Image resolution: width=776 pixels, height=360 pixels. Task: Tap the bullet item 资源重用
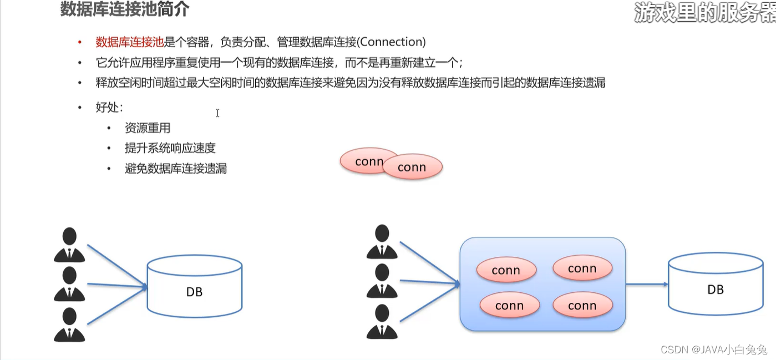pyautogui.click(x=148, y=128)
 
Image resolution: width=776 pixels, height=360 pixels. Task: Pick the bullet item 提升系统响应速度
pyautogui.click(x=170, y=148)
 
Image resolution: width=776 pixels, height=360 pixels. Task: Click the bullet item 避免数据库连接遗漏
pyautogui.click(x=176, y=169)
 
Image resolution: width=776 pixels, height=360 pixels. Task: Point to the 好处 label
pyautogui.click(x=109, y=107)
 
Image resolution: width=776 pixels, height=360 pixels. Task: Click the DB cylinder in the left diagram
pyautogui.click(x=194, y=291)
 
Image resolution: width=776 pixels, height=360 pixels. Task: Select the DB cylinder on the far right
pyautogui.click(x=716, y=289)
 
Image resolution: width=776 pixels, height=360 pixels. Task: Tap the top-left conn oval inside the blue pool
pyautogui.click(x=506, y=270)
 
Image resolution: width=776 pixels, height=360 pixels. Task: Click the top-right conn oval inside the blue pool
pyautogui.click(x=582, y=268)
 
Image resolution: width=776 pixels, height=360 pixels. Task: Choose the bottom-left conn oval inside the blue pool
pyautogui.click(x=509, y=306)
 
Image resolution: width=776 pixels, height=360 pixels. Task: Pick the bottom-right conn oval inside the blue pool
pyautogui.click(x=582, y=305)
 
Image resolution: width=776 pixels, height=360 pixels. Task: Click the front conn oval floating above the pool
pyautogui.click(x=412, y=168)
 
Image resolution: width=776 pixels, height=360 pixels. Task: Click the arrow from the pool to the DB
pyautogui.click(x=646, y=285)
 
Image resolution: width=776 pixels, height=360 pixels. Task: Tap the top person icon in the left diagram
pyautogui.click(x=69, y=244)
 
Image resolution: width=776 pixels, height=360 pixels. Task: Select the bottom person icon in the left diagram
pyautogui.click(x=69, y=324)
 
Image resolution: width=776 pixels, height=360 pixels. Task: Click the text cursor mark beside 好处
pyautogui.click(x=217, y=113)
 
